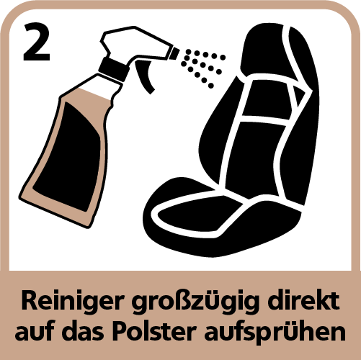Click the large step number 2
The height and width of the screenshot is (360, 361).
[x=37, y=42]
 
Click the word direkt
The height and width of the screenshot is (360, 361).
[x=303, y=300]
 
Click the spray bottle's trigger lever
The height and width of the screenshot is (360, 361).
[x=144, y=76]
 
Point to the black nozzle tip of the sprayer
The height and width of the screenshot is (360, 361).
[x=174, y=53]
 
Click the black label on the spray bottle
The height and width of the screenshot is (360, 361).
[x=67, y=157]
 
